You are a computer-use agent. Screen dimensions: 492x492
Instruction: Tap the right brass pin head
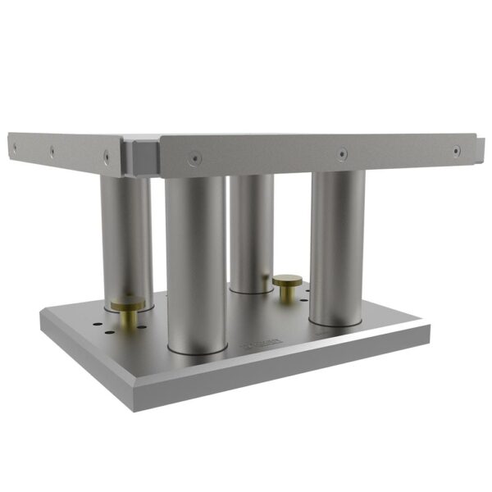point(286,281)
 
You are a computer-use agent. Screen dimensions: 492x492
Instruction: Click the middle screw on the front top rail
point(341,153)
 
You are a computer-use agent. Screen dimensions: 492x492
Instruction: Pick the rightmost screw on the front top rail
point(456,151)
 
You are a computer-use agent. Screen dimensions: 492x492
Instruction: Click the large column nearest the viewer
point(196,262)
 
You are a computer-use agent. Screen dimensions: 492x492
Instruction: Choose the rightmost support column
point(337,246)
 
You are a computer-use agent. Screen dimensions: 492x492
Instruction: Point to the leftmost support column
point(125,238)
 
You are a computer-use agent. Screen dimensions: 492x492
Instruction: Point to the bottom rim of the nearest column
point(197,351)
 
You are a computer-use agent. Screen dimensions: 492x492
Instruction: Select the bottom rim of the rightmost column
point(336,322)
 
